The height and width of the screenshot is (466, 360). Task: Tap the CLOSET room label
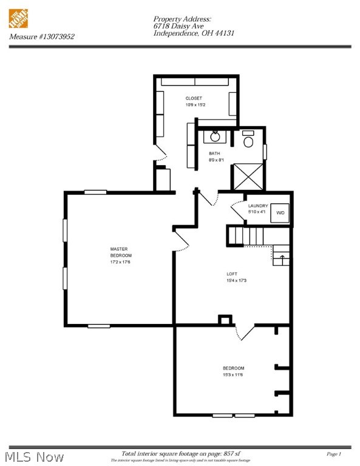pyautogui.click(x=194, y=98)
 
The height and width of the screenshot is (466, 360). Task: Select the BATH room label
pyautogui.click(x=214, y=154)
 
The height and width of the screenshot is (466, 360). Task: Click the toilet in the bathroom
pyautogui.click(x=248, y=141)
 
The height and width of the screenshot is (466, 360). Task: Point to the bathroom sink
pyautogui.click(x=215, y=135)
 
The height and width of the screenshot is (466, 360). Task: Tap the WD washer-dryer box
pyautogui.click(x=280, y=213)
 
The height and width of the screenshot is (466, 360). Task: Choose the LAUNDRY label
pyautogui.click(x=257, y=206)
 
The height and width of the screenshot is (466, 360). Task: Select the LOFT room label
pyautogui.click(x=233, y=274)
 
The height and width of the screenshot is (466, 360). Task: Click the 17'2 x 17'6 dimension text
pyautogui.click(x=120, y=262)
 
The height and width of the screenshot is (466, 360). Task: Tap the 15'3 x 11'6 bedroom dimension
pyautogui.click(x=233, y=375)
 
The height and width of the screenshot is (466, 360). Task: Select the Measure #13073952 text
pyautogui.click(x=42, y=37)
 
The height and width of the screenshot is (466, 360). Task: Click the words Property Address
pyautogui.click(x=182, y=19)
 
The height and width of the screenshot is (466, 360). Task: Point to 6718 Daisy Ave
pyautogui.click(x=177, y=26)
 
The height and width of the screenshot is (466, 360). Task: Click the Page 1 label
pyautogui.click(x=334, y=454)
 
